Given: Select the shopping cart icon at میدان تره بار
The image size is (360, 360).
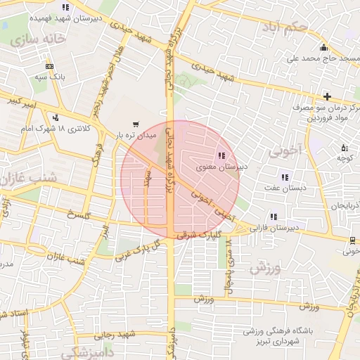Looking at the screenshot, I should [136, 123].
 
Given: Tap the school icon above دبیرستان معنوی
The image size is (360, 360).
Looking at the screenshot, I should [221, 155].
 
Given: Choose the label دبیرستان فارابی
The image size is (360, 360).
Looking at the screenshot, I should [278, 228].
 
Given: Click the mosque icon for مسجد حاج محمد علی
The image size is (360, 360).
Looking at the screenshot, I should [323, 48].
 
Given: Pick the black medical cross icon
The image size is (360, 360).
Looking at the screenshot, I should [327, 96].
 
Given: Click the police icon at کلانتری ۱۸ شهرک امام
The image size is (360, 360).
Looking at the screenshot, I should [55, 117].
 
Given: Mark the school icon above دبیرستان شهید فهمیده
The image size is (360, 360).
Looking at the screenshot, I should [65, 8].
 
